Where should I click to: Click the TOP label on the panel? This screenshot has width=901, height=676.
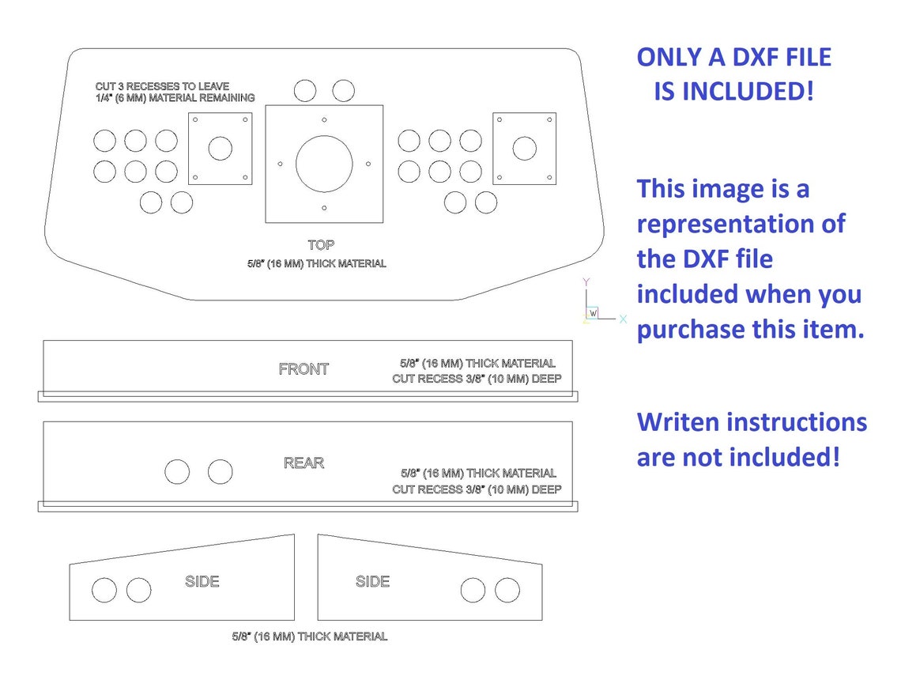click(x=321, y=245)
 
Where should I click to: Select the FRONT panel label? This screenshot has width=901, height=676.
click(x=303, y=368)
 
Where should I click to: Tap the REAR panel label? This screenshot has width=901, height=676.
click(x=303, y=463)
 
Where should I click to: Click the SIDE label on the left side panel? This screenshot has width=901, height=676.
click(x=202, y=581)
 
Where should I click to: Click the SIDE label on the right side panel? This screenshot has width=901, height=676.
click(x=372, y=581)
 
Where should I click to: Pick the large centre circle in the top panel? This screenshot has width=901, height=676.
click(x=324, y=164)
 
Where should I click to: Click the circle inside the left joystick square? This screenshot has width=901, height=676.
click(x=221, y=148)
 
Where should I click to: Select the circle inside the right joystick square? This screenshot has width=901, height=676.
click(x=524, y=148)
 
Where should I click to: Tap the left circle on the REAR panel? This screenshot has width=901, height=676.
click(x=177, y=472)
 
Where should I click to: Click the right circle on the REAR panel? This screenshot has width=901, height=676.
click(x=221, y=472)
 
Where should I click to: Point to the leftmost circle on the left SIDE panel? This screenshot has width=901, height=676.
click(x=104, y=590)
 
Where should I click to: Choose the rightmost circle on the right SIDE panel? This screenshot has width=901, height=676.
click(x=507, y=590)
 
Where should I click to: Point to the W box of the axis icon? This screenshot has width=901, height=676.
click(x=593, y=313)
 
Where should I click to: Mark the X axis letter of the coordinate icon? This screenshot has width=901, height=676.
click(x=623, y=319)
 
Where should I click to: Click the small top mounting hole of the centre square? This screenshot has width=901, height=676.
click(x=324, y=119)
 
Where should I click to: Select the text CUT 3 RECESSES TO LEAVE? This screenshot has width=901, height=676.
click(x=162, y=86)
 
